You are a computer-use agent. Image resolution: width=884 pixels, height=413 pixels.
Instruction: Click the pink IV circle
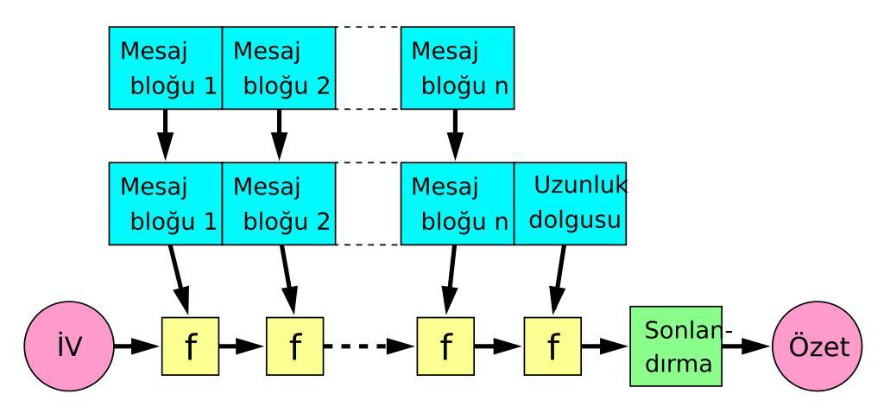[x=69, y=346]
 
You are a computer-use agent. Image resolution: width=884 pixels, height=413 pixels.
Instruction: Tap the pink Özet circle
[x=817, y=346]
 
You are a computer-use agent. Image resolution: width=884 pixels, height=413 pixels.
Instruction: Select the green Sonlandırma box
[x=675, y=346]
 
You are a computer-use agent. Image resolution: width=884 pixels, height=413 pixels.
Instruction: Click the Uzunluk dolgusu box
[x=570, y=204]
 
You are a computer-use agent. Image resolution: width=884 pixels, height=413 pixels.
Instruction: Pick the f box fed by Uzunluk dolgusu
[x=552, y=346]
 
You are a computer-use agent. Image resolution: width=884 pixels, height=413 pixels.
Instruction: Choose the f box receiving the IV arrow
[x=190, y=346]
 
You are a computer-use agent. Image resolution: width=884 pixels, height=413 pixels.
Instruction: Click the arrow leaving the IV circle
[x=137, y=346]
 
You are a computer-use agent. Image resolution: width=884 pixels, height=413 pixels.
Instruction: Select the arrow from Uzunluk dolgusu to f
[x=559, y=280]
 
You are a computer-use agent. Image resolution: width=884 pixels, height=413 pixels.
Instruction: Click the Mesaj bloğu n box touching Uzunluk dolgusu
[x=458, y=204]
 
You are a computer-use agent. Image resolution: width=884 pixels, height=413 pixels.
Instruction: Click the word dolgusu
[x=574, y=220]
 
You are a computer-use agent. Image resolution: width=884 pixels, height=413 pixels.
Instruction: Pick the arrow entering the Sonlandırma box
[x=605, y=346]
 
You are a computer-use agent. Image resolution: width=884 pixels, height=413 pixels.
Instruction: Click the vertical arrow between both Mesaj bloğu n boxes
[x=454, y=135]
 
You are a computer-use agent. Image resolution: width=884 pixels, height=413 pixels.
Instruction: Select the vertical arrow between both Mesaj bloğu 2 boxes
[x=279, y=135]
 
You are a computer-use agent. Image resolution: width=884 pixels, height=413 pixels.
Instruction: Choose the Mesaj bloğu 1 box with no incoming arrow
[x=165, y=67]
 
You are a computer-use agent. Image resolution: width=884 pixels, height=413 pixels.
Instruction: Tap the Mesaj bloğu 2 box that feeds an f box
[x=279, y=204]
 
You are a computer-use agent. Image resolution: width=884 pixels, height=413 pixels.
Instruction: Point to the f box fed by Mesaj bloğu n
[x=445, y=346]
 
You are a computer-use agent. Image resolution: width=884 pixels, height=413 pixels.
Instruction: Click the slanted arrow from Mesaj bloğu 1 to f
[x=179, y=280]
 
